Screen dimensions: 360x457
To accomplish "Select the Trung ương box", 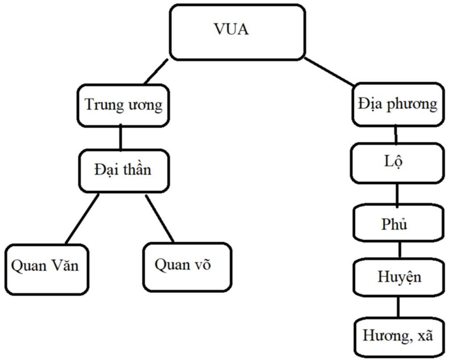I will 124,106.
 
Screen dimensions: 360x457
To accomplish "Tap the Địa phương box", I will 398,104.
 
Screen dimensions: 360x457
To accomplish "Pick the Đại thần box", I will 124,170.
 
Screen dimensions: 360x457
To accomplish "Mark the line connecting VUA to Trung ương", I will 157,72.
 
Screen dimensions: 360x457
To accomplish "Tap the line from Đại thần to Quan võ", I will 159,219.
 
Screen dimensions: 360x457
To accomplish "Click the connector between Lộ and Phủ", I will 397,194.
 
